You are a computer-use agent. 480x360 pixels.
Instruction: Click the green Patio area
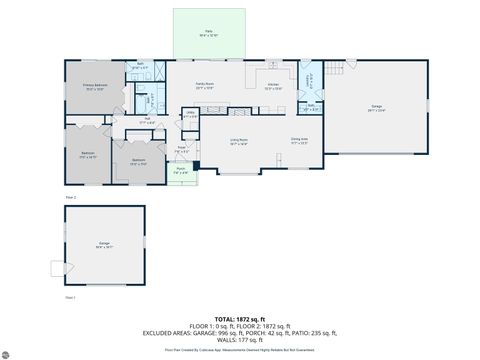coord(209,34)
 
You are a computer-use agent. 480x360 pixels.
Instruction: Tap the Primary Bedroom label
coord(96,87)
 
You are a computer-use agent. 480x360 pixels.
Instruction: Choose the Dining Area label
coord(298,141)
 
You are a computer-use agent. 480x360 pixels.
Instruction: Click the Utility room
coord(190,115)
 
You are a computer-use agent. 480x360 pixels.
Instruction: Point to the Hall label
coord(147,120)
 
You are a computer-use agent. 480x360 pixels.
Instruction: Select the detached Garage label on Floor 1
coord(104,244)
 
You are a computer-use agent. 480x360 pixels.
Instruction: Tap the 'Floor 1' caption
coord(70,298)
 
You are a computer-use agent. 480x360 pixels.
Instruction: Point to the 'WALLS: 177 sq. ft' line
coord(239,340)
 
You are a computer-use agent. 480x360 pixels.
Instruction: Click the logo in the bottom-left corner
coord(9,352)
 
